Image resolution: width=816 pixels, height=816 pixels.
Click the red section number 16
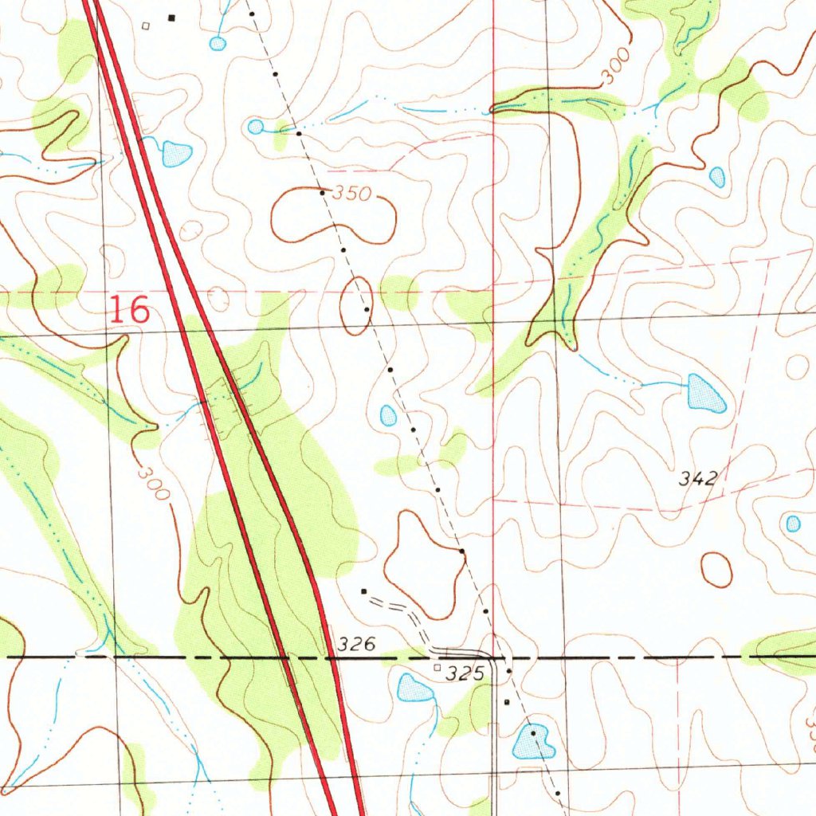tap(128, 309)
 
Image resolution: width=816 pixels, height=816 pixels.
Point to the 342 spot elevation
tap(699, 479)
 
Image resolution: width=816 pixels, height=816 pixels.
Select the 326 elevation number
tap(355, 645)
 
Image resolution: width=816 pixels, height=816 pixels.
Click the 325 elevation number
tap(465, 674)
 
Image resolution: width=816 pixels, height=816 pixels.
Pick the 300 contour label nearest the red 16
tap(153, 483)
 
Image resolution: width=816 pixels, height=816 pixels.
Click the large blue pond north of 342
tap(706, 393)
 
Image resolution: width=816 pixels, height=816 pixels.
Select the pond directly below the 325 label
tap(414, 688)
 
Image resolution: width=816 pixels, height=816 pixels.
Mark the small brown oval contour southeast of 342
tap(716, 570)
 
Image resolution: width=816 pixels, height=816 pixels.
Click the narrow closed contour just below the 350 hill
tap(355, 305)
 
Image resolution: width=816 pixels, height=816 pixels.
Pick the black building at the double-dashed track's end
tap(364, 591)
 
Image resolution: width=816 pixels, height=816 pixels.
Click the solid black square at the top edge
tap(171, 17)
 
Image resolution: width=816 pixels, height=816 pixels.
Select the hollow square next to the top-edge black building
tap(145, 25)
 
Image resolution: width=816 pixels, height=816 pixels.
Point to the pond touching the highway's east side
tap(176, 153)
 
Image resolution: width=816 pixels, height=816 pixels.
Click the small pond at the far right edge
tap(793, 524)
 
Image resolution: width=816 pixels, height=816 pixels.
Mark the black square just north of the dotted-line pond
tap(507, 702)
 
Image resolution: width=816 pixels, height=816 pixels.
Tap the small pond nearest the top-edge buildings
tap(218, 43)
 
